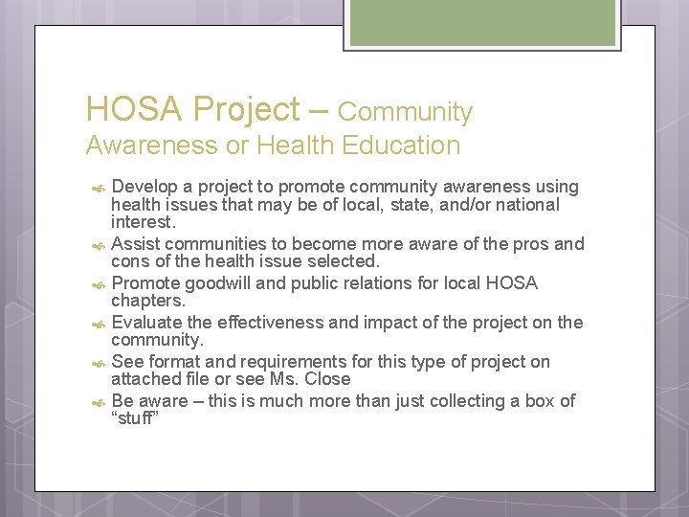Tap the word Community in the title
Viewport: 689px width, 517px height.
point(405,112)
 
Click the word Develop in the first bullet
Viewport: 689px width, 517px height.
point(144,187)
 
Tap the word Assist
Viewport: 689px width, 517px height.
point(136,244)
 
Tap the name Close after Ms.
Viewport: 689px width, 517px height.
point(329,379)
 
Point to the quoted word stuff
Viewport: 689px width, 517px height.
point(135,418)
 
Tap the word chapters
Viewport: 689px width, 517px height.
point(146,301)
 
